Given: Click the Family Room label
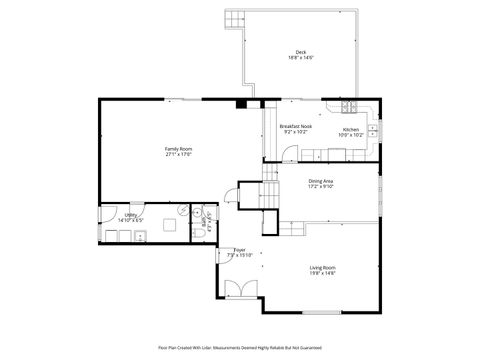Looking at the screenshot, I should (x=179, y=149).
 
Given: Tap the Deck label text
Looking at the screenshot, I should (x=300, y=52).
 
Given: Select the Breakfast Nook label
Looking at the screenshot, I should (x=296, y=126).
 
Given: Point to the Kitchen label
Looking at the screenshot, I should (x=351, y=129).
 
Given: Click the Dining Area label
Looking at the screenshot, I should (x=321, y=180).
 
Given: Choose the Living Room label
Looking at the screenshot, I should (x=321, y=267).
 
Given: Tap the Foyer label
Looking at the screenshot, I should (x=240, y=250).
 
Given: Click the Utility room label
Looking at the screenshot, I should (x=131, y=214).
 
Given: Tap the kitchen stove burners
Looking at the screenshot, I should (x=350, y=107).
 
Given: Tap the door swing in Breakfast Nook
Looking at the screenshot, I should (x=288, y=154).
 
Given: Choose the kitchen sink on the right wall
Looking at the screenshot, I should (x=375, y=128).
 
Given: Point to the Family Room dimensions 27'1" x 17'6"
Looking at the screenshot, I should (x=179, y=154).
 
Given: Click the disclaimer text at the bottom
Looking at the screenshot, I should (x=240, y=348).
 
